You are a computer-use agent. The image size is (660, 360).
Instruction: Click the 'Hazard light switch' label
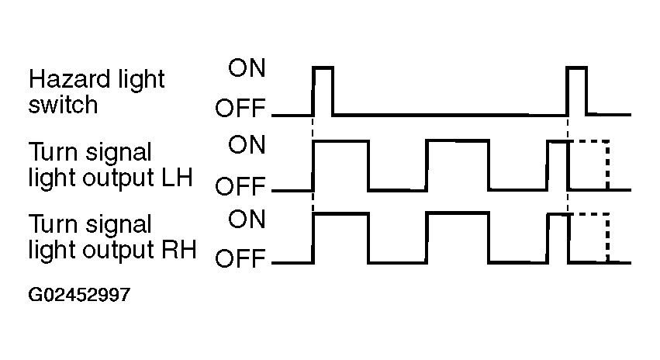[x=96, y=92]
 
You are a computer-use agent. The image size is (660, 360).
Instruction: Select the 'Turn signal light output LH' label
[x=110, y=164]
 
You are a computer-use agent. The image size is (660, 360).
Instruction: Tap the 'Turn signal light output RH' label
[x=112, y=237]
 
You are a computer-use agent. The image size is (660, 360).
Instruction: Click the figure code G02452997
[x=79, y=295]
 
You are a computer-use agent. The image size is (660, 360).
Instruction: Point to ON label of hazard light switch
[x=247, y=67]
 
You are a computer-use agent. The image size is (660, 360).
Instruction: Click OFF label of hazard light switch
[x=240, y=108]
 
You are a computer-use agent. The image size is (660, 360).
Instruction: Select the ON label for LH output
[x=247, y=145]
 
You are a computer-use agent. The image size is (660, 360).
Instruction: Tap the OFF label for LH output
[x=240, y=186]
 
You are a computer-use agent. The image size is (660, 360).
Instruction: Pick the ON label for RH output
[x=247, y=219]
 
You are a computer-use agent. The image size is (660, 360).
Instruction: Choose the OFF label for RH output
[x=240, y=258]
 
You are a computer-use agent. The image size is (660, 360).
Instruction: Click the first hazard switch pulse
[x=323, y=67]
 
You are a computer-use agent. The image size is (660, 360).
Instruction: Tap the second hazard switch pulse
[x=577, y=67]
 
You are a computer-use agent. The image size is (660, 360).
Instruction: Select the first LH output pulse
[x=341, y=141]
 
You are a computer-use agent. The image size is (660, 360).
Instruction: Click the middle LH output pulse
[x=458, y=140]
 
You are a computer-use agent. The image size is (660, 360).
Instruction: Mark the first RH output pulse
[x=341, y=214]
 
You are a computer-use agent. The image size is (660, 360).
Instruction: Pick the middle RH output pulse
[x=458, y=213]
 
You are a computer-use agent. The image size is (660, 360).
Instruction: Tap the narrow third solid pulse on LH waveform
[x=558, y=142]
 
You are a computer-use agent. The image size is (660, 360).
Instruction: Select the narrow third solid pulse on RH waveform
[x=558, y=215]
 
